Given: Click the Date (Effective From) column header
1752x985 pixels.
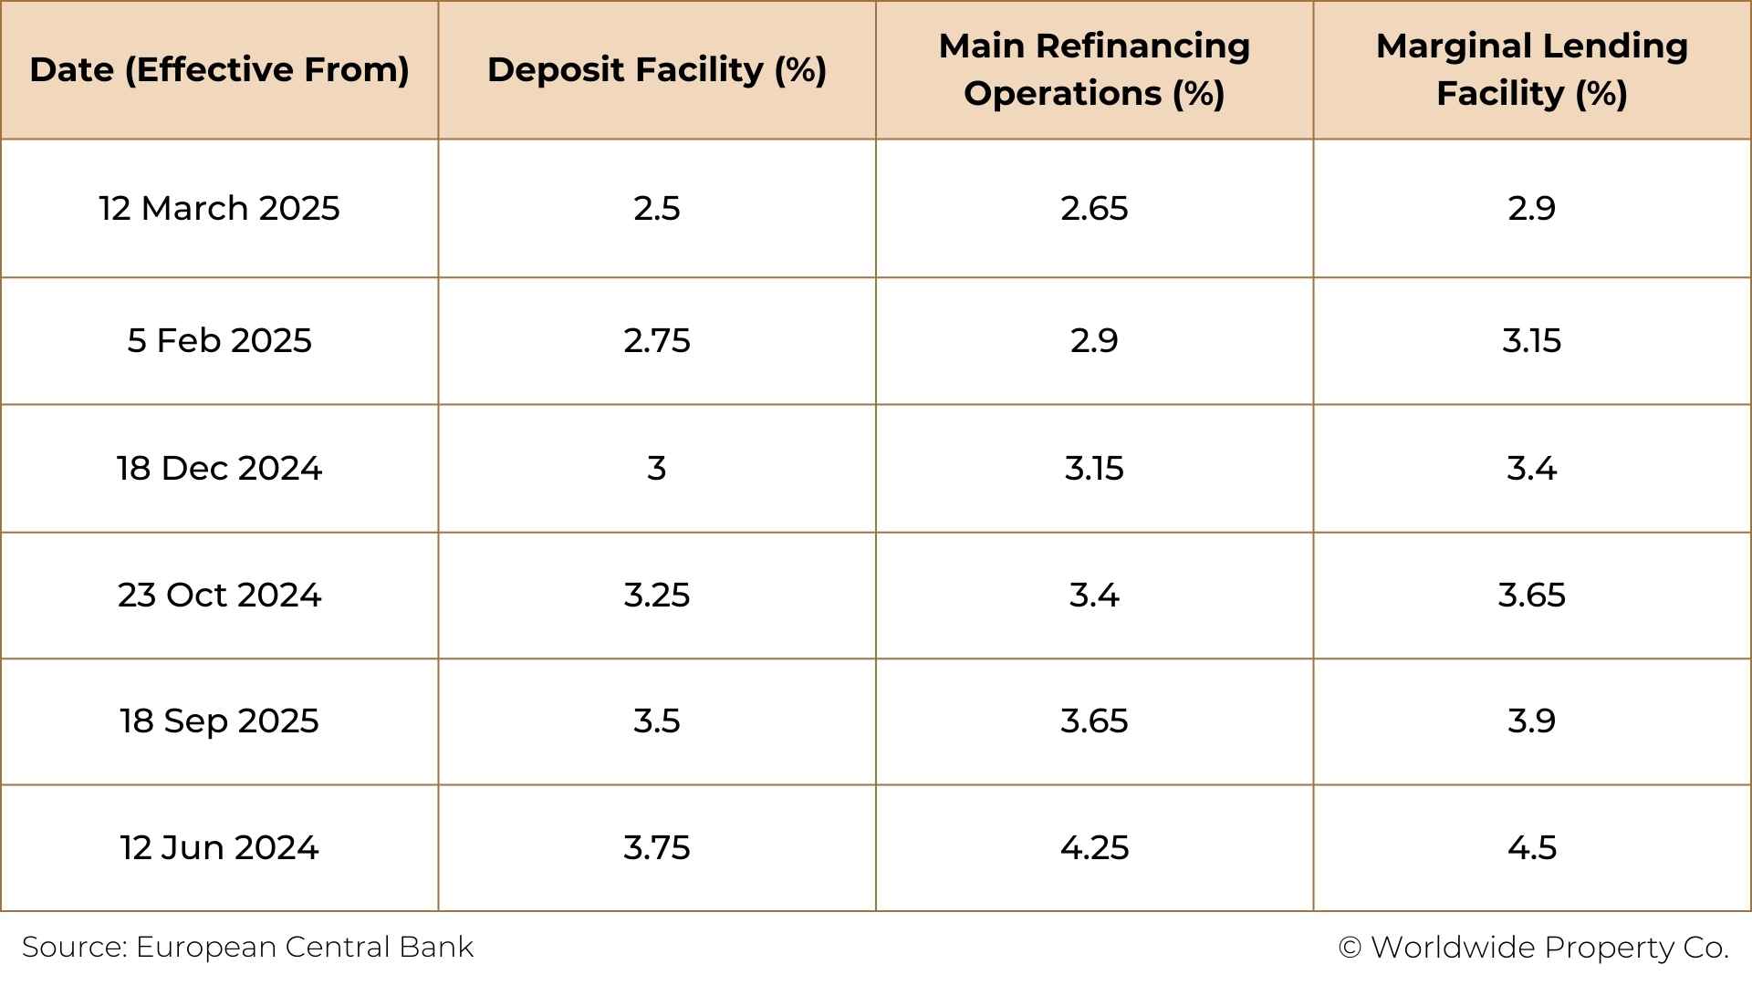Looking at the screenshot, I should click(219, 70).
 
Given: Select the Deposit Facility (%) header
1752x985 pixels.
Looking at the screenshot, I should click(657, 70).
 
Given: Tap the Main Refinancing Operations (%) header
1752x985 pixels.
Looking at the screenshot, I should click(1094, 70).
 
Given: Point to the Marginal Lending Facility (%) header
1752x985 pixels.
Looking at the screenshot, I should click(1531, 70).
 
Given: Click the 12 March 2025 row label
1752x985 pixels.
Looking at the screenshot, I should click(219, 208).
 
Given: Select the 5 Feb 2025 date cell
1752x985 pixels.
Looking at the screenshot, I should click(219, 340).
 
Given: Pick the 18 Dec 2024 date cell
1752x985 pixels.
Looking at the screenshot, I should click(219, 468).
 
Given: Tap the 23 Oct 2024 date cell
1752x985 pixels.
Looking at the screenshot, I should click(219, 595).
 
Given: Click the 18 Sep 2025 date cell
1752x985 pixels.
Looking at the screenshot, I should click(219, 721).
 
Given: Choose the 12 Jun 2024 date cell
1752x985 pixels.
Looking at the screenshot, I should click(219, 847).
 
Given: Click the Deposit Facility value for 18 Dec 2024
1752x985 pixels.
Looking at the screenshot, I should click(657, 468).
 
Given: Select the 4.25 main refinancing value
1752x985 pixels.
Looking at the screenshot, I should click(1094, 847).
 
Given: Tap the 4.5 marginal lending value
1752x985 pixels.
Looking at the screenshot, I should click(1531, 847).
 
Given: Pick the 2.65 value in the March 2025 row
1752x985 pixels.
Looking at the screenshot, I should click(1094, 208).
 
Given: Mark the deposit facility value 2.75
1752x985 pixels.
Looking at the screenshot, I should click(657, 340).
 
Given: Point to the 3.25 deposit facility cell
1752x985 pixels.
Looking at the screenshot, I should click(657, 595).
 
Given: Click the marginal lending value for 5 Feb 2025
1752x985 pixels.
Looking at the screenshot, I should click(1531, 340).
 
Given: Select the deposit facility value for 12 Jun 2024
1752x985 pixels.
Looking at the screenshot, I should click(657, 847).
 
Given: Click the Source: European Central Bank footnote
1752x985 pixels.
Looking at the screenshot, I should click(247, 947).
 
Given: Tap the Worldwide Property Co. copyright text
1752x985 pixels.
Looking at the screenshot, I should click(1533, 947).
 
